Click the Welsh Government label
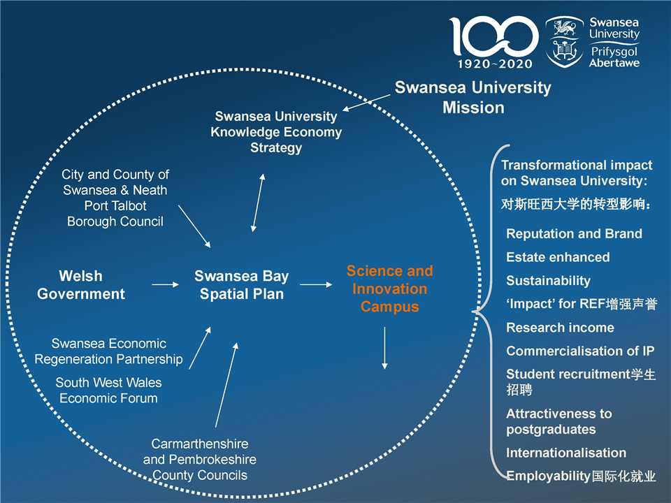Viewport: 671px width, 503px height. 81,285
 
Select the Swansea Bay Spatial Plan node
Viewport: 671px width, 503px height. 242,285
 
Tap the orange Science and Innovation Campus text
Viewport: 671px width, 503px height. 389,289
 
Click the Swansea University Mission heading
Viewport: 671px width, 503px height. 473,97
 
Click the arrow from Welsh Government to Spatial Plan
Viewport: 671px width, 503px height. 165,284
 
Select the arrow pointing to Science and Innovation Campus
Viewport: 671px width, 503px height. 316,284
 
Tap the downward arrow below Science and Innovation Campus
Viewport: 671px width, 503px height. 384,347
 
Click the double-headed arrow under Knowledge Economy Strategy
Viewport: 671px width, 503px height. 258,203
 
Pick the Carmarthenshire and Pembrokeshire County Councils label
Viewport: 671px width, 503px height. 200,460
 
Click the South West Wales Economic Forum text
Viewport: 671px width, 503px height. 108,391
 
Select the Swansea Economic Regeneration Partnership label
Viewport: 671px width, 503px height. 109,351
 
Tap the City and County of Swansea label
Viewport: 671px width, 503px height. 115,198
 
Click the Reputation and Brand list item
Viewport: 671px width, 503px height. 574,234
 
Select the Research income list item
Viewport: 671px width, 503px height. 560,328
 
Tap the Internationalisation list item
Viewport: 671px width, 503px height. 566,453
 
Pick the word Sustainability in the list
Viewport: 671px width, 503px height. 548,281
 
